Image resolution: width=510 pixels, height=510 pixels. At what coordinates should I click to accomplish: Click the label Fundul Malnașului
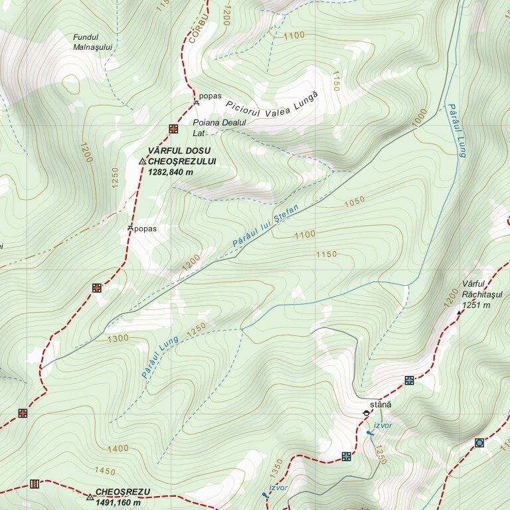tap(94, 42)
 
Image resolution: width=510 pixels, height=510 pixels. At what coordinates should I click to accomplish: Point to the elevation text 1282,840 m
tap(171, 172)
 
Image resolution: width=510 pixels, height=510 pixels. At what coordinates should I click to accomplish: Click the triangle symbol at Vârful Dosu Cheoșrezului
tap(142, 161)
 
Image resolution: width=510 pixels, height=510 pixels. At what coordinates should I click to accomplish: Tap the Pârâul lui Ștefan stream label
tap(266, 228)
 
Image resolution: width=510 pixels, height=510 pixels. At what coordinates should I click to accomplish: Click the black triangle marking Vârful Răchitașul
tap(459, 311)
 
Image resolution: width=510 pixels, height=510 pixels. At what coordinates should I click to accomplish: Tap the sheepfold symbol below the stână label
tap(366, 414)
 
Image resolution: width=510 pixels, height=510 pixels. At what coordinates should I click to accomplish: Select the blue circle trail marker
tap(479, 442)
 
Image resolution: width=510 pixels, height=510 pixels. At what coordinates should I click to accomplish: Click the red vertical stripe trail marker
tap(35, 484)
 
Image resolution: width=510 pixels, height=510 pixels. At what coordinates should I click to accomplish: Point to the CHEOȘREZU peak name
tap(123, 492)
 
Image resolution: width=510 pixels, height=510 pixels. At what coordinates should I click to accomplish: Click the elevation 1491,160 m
tap(118, 502)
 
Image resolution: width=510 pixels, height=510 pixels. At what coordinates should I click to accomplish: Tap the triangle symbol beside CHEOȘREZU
tap(90, 497)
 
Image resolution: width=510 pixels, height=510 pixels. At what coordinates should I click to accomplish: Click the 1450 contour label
tap(105, 471)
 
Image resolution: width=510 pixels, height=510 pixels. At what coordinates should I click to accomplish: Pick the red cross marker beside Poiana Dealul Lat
tap(173, 128)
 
